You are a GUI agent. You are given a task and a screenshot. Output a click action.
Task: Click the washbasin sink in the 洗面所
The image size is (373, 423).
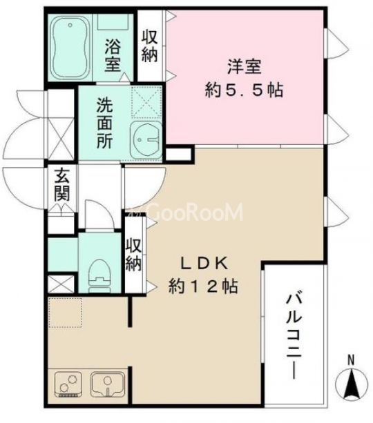(146, 140)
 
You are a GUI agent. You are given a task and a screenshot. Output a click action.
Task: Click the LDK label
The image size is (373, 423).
(204, 263)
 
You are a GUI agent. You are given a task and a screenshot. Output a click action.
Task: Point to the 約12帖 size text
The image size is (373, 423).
(204, 286)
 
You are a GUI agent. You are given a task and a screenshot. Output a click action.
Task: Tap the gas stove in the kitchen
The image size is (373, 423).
(68, 383)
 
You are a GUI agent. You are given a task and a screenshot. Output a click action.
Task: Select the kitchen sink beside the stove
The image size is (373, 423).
(106, 383)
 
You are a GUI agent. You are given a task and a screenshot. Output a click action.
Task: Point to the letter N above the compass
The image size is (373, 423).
(351, 360)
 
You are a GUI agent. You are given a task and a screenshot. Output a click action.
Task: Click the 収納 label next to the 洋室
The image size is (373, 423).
(149, 46)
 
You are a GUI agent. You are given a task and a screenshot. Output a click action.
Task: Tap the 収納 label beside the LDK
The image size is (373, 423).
(133, 254)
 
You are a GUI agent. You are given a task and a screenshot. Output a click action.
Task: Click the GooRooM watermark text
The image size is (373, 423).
(186, 213)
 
